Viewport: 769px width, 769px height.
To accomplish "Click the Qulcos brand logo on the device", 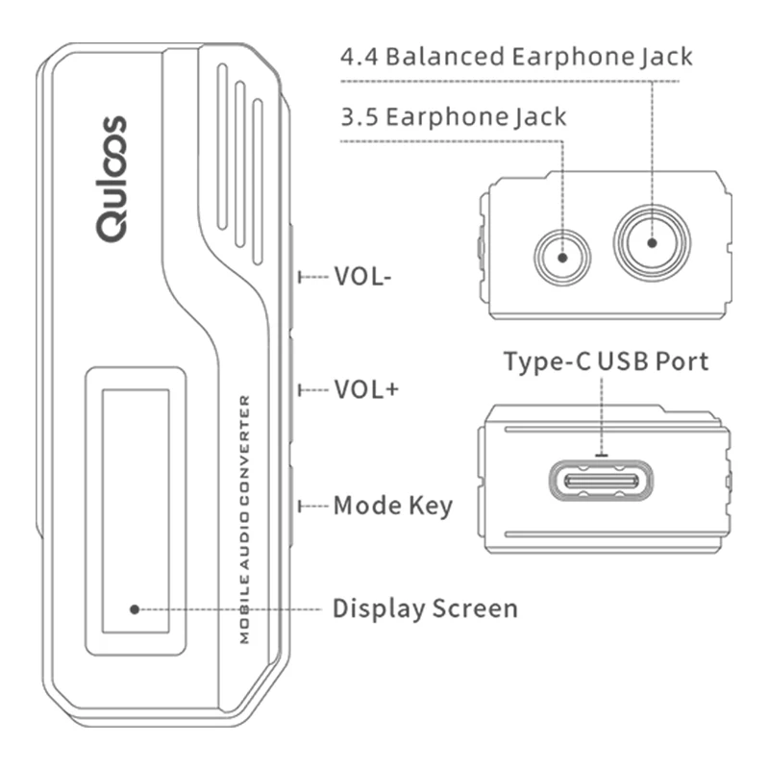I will pyautogui.click(x=112, y=179).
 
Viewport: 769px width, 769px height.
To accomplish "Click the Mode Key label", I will pyautogui.click(x=392, y=506).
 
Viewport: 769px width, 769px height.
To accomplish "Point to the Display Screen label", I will pyautogui.click(x=425, y=608).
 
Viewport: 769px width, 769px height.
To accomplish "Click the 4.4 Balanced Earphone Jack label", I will pyautogui.click(x=516, y=56).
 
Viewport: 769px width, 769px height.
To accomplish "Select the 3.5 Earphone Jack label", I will pyautogui.click(x=454, y=117).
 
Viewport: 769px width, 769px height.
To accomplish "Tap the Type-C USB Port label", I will pyautogui.click(x=607, y=361).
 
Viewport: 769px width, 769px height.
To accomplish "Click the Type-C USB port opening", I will pyautogui.click(x=601, y=481).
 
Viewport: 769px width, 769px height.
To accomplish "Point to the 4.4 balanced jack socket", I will pyautogui.click(x=652, y=242).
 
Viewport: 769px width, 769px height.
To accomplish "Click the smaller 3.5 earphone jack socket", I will pyautogui.click(x=562, y=256).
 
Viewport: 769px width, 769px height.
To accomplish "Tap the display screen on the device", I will pyautogui.click(x=136, y=510).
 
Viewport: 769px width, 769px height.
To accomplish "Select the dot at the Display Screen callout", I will pyautogui.click(x=136, y=608).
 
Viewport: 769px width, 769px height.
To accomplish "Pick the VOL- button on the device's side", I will pyautogui.click(x=292, y=277).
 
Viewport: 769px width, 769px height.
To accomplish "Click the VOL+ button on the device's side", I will pyautogui.click(x=292, y=389).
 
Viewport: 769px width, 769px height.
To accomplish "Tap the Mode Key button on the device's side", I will pyautogui.click(x=292, y=506).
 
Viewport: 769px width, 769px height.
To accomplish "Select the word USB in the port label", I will pyautogui.click(x=626, y=361).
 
